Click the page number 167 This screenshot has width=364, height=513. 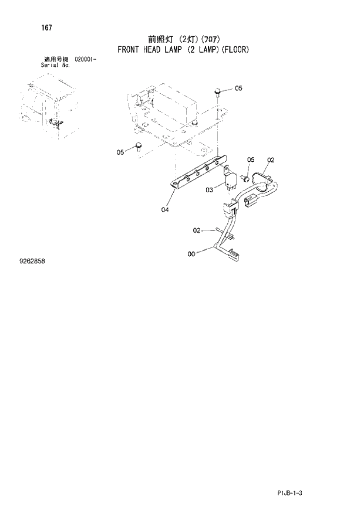click(45, 27)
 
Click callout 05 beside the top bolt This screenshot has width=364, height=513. click(238, 89)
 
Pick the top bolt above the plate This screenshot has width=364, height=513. click(218, 92)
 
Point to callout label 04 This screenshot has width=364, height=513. click(165, 209)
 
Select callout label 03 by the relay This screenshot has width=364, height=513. click(209, 189)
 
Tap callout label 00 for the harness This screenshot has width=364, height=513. click(191, 254)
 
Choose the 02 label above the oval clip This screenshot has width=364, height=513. click(271, 159)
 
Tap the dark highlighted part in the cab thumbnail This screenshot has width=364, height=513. click(56, 123)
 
